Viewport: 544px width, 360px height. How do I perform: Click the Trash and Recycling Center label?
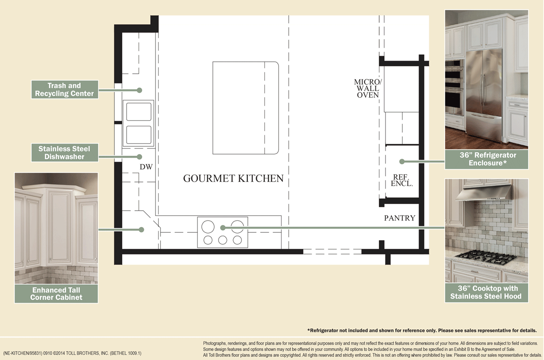64,90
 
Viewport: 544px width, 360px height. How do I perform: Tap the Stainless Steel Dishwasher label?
64,153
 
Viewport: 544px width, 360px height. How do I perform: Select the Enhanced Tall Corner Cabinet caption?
56,294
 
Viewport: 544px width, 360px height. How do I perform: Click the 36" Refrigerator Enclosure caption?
486,159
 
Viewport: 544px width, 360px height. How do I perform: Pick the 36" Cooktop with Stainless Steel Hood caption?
486,292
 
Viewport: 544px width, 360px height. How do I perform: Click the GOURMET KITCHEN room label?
233,178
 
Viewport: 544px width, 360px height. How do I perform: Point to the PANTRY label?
399,218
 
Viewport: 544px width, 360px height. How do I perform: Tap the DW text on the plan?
146,167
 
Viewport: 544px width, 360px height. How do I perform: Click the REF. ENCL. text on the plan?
402,180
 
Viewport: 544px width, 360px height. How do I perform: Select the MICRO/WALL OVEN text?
367,88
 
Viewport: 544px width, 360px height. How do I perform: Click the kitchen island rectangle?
246,108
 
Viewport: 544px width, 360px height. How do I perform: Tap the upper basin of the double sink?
139,112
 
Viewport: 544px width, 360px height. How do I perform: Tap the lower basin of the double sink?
139,135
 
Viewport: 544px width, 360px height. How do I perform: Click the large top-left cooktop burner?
208,227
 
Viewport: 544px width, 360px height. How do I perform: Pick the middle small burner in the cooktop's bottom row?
223,240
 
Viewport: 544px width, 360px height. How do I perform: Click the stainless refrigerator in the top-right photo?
484,93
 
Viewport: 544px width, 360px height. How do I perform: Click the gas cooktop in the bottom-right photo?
486,256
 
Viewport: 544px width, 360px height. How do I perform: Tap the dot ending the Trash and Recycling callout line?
139,90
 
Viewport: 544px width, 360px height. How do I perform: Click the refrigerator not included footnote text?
422,330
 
